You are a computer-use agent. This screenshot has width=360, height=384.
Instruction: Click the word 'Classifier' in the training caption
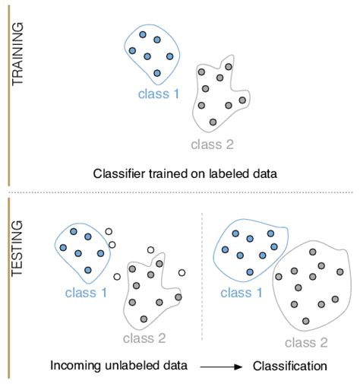pos(118,173)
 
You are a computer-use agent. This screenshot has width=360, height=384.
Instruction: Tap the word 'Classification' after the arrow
pos(289,366)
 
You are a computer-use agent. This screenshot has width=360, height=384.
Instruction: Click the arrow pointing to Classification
pos(222,367)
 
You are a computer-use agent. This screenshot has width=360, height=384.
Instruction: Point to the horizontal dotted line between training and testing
pos(180,191)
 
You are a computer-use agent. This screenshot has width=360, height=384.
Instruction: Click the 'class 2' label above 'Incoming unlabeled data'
pos(142,337)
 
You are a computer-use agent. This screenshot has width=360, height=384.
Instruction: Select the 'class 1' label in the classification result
pos(241,290)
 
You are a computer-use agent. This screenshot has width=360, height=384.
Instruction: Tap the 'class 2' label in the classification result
pos(307,343)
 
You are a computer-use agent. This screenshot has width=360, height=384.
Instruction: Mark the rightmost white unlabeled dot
pos(181,273)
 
